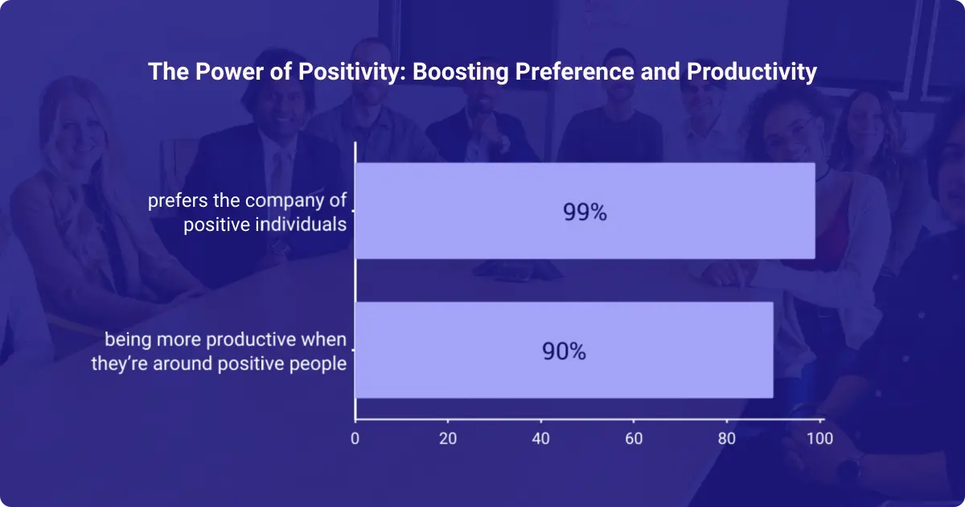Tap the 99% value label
point(585,212)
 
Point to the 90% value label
point(564,352)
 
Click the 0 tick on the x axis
point(355,439)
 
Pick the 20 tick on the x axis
point(448,439)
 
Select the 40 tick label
point(541,439)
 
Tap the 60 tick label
point(634,439)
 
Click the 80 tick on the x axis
point(727,439)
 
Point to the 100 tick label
point(819,439)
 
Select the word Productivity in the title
point(752,72)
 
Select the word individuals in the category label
point(304,224)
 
